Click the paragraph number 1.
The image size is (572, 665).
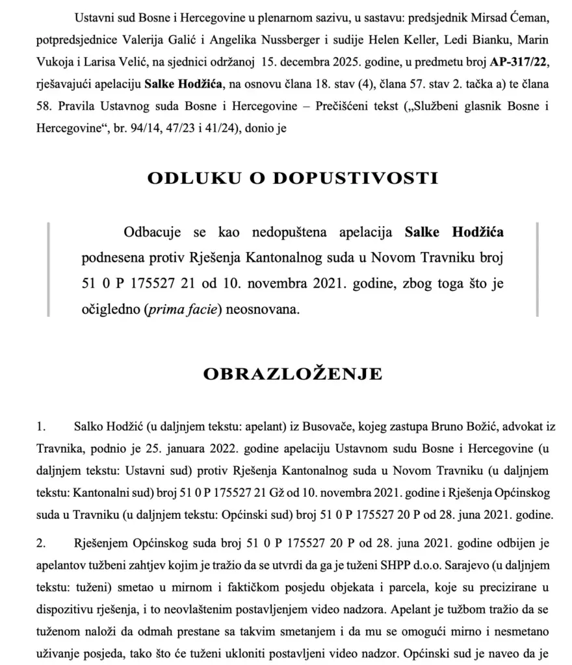(41, 429)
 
